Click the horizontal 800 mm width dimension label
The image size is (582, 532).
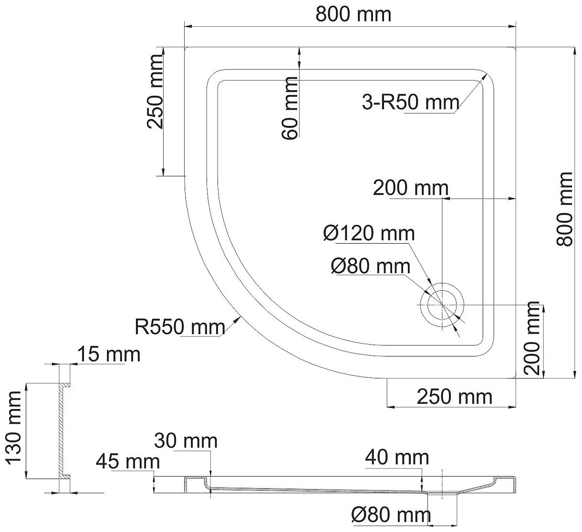(x=353, y=15)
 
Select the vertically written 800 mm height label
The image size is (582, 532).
(x=566, y=209)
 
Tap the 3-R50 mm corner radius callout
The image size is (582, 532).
(x=410, y=102)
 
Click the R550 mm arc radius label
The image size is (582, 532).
(x=179, y=327)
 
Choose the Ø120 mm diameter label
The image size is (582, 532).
(x=368, y=234)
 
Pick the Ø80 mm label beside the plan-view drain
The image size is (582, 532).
(x=370, y=266)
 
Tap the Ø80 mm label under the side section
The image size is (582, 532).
(x=390, y=515)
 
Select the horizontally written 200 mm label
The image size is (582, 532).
(x=411, y=188)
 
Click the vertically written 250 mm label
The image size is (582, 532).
(x=156, y=92)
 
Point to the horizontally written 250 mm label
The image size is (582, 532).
(x=454, y=396)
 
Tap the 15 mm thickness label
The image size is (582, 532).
(x=109, y=355)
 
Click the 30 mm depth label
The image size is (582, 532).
(x=186, y=441)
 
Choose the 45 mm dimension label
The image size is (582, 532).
(x=127, y=461)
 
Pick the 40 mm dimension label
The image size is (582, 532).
(x=397, y=458)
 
